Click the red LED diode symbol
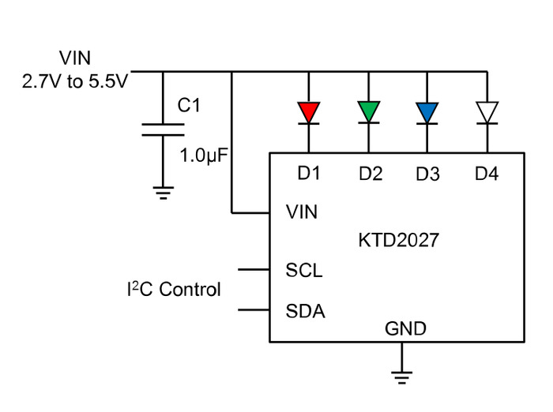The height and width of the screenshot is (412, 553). tap(309, 113)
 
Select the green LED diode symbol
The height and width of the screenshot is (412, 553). tap(369, 112)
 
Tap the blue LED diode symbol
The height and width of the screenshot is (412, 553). tap(427, 113)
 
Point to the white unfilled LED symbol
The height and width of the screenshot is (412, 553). tap(487, 113)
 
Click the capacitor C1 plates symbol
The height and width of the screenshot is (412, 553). tap(163, 129)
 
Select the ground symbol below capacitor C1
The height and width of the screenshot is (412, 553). tap(163, 193)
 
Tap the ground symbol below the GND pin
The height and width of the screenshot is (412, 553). tap(401, 377)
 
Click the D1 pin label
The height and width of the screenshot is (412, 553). tap(309, 173)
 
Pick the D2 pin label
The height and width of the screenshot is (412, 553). tap(371, 174)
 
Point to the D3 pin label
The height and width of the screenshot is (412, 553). tap(428, 174)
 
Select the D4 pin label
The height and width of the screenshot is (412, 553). tap(487, 174)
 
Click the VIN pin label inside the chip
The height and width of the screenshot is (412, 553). tap(302, 212)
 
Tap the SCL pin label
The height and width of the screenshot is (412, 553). tap(304, 270)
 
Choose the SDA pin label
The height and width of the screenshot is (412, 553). tap(306, 311)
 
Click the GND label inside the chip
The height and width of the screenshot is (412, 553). tap(405, 329)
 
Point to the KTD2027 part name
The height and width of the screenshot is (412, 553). tap(398, 241)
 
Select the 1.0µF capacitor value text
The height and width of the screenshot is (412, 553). tap(204, 155)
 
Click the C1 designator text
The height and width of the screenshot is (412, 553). tap(189, 105)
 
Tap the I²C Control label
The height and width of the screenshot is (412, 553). tap(174, 290)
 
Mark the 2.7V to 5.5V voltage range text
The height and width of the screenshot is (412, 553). tap(75, 81)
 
